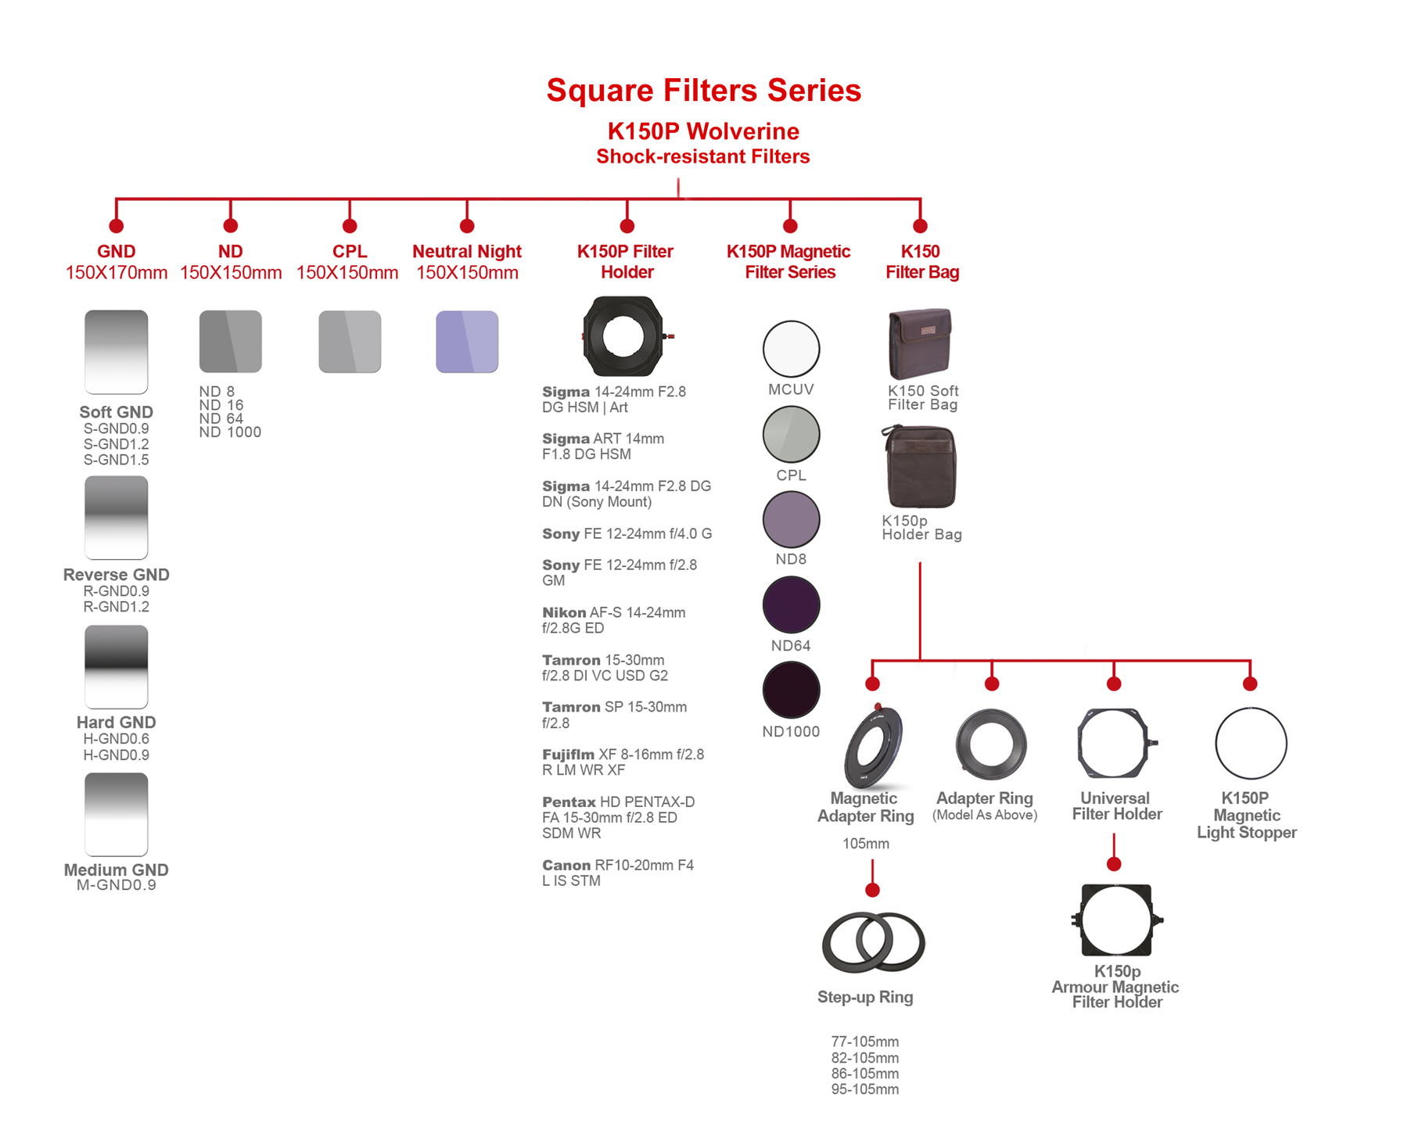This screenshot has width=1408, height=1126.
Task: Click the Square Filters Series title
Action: (x=703, y=90)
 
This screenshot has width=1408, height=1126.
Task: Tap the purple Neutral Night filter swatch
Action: (x=467, y=342)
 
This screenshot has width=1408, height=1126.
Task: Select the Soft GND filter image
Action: (x=117, y=352)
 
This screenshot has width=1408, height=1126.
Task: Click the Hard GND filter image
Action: (x=117, y=667)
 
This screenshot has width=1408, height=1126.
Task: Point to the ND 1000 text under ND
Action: (x=230, y=432)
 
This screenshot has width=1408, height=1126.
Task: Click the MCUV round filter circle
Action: (x=791, y=349)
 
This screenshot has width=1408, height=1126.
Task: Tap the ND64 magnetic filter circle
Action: (x=791, y=604)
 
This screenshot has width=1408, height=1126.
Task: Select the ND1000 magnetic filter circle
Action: (x=791, y=690)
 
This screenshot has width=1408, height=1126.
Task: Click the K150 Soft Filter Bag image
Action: (x=920, y=344)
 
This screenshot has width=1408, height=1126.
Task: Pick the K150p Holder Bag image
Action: (x=920, y=468)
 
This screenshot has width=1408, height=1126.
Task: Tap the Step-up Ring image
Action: (x=873, y=942)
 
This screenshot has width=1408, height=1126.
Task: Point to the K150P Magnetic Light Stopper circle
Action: (x=1251, y=744)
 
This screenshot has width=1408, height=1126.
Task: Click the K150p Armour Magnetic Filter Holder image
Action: (x=1116, y=920)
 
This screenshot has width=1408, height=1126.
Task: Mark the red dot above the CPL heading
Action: (x=350, y=226)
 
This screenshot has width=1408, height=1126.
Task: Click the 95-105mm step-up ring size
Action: (x=865, y=1089)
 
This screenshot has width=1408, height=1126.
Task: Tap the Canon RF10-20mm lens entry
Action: (x=618, y=873)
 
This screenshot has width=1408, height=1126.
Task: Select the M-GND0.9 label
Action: (x=117, y=885)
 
